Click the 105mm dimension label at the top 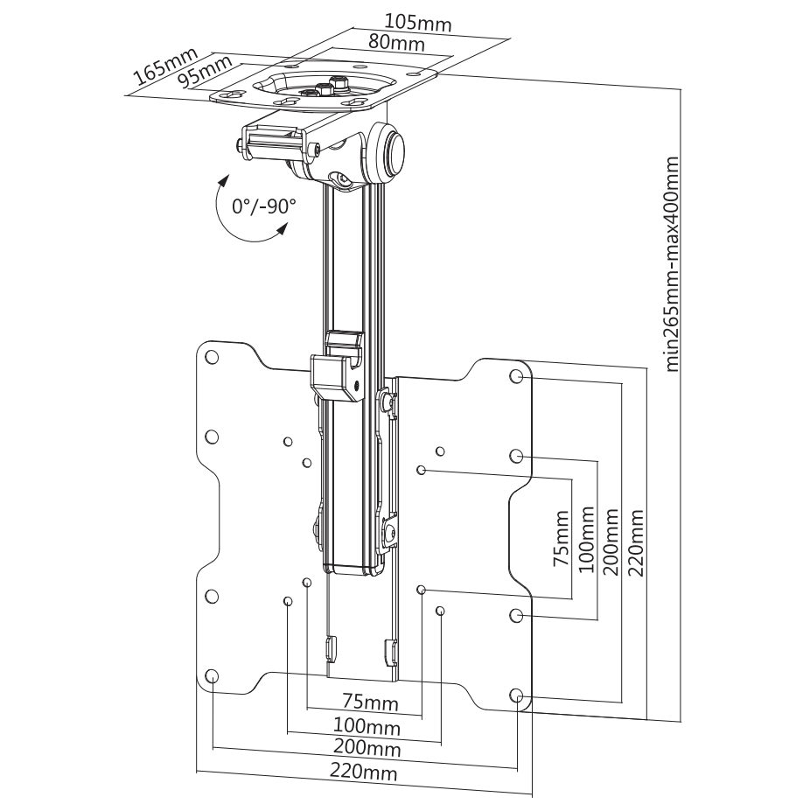click(418, 23)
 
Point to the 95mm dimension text click(204, 71)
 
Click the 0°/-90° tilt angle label click(263, 206)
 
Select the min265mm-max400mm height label click(672, 264)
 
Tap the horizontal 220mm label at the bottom click(363, 773)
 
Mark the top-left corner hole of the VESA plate click(211, 358)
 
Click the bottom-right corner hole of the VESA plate click(517, 696)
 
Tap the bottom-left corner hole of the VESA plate click(212, 675)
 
